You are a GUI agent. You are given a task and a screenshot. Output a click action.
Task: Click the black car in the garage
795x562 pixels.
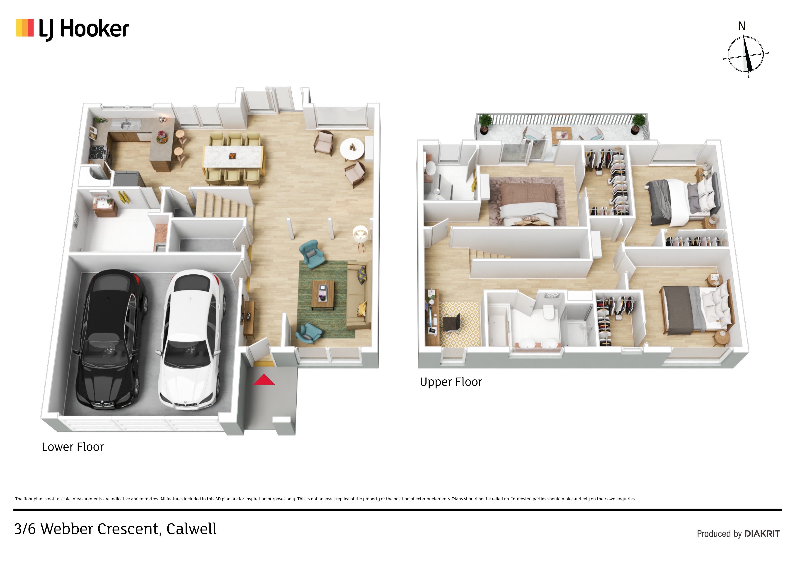tap(110, 339)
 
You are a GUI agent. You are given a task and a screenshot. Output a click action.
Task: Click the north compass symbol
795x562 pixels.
tap(746, 55)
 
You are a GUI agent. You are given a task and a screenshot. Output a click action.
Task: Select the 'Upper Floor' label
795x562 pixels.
tap(451, 382)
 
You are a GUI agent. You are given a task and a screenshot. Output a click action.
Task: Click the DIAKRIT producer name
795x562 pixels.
tap(762, 534)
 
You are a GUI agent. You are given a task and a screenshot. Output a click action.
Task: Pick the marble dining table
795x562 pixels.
tap(233, 157)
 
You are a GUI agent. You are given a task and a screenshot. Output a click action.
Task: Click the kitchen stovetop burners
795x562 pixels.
tap(98, 152)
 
